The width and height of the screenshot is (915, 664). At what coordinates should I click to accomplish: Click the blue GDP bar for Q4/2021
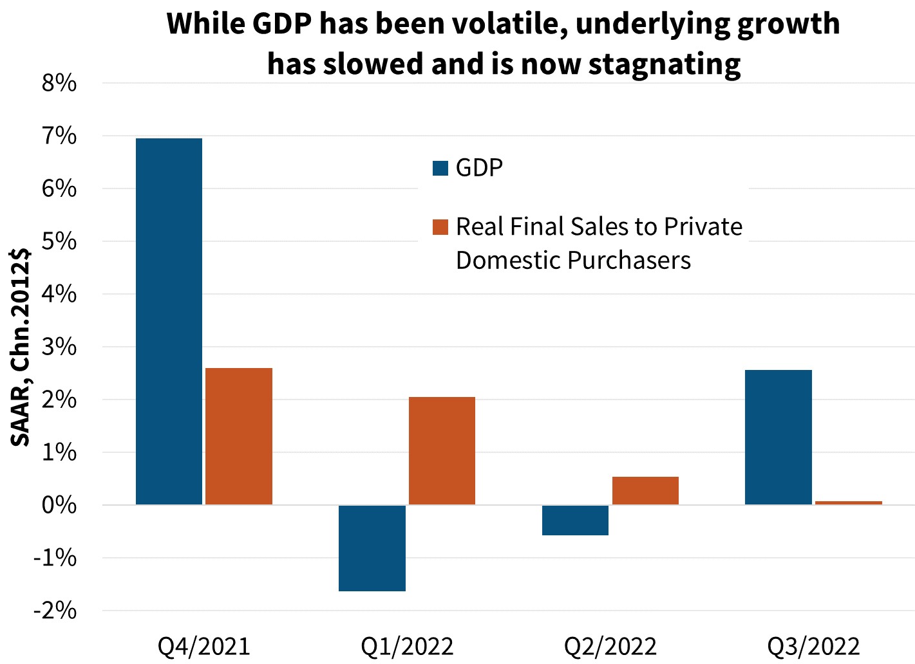169,321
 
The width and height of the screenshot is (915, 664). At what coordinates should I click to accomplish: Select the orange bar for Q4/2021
238,436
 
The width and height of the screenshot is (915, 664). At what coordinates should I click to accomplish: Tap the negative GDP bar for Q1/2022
372,548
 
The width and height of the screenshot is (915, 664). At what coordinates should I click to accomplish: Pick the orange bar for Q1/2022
442,450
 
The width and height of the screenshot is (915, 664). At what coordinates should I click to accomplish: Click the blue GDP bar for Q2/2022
575,520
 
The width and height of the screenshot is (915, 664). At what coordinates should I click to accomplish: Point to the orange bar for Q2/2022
645,490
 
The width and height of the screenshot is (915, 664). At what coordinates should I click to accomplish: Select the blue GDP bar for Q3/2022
778,437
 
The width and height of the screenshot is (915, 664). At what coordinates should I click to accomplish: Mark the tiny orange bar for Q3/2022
848,503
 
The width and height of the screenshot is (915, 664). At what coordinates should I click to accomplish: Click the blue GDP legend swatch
440,168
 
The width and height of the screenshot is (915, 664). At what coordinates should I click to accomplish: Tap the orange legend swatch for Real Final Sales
440,227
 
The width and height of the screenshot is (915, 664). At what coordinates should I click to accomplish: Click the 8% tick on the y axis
59,84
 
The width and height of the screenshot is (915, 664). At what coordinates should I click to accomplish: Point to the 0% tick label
59,505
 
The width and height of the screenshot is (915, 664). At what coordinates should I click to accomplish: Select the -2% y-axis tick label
55,611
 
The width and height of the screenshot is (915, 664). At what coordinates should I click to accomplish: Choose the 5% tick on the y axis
59,242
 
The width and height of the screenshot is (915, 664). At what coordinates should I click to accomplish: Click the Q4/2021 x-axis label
203,646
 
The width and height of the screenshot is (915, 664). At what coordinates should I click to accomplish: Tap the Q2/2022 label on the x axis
610,646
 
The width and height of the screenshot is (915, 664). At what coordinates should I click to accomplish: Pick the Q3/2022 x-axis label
813,646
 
